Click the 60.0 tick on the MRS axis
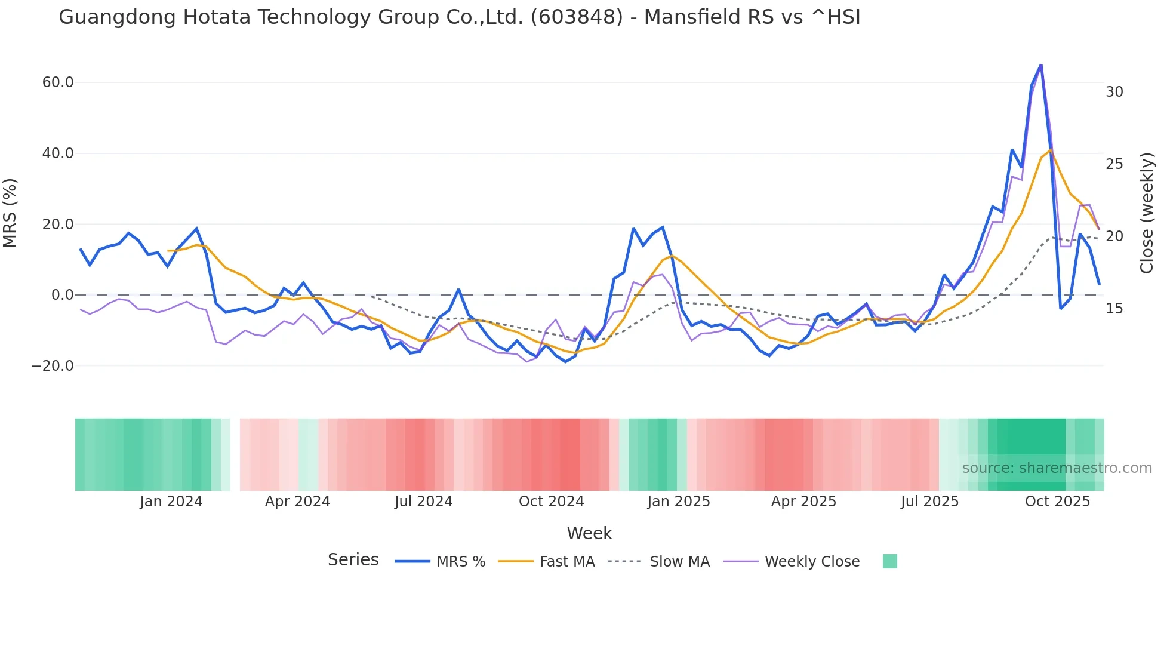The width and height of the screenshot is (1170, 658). click(x=58, y=82)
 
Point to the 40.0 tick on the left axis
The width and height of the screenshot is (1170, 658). click(x=58, y=153)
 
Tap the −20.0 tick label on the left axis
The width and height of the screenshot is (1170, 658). click(x=53, y=365)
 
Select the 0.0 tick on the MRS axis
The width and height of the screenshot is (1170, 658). click(x=63, y=295)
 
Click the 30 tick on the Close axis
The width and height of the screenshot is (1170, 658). click(x=1114, y=92)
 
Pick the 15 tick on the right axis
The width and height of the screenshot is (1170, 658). click(x=1114, y=309)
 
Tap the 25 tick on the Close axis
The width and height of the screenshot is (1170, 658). click(x=1114, y=164)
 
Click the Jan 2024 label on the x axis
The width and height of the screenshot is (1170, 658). click(x=171, y=502)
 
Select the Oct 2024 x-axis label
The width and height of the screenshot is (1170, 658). click(x=551, y=502)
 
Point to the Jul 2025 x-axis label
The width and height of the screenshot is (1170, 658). click(x=929, y=502)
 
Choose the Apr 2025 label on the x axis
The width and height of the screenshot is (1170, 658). click(x=803, y=502)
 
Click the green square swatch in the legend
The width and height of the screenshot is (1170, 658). click(x=889, y=561)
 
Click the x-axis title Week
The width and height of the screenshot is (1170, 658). click(x=589, y=533)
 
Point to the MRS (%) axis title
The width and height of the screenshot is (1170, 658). click(x=10, y=213)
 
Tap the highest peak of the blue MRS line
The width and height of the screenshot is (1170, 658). click(x=1040, y=64)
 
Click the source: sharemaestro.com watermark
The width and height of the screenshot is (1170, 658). click(x=1057, y=468)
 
